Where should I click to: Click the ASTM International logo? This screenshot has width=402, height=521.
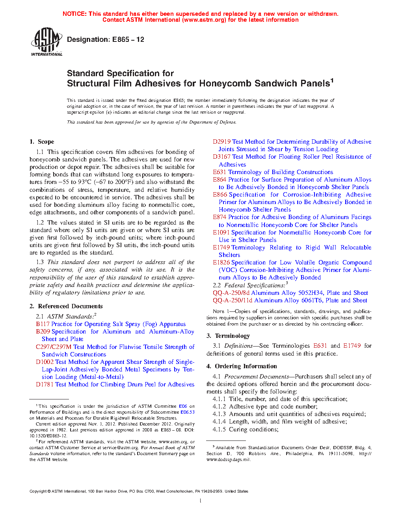click(x=47, y=41)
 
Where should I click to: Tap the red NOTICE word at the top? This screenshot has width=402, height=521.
click(x=74, y=14)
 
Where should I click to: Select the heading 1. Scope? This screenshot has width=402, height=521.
click(x=42, y=142)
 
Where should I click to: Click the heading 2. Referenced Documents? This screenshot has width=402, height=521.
click(x=66, y=306)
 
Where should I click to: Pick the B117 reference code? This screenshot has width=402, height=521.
click(x=43, y=324)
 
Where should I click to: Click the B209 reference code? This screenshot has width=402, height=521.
click(x=43, y=332)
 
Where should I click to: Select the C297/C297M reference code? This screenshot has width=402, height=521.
click(x=54, y=347)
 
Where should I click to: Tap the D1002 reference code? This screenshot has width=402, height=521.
click(x=45, y=362)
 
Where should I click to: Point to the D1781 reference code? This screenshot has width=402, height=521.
click(x=45, y=384)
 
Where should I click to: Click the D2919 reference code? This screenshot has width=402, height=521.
click(x=221, y=142)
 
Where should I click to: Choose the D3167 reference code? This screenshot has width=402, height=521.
click(x=221, y=157)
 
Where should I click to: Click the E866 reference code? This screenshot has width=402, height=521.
click(x=220, y=195)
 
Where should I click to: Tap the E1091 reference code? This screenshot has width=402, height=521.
click(x=221, y=232)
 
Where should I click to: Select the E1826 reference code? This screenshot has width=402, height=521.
click(x=221, y=262)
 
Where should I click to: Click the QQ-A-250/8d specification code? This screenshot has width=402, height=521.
click(x=231, y=293)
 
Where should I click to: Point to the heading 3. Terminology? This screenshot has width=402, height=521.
click(x=228, y=336)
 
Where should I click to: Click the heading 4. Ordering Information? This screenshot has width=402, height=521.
click(x=242, y=366)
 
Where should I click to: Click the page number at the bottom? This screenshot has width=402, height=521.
click(x=201, y=501)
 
